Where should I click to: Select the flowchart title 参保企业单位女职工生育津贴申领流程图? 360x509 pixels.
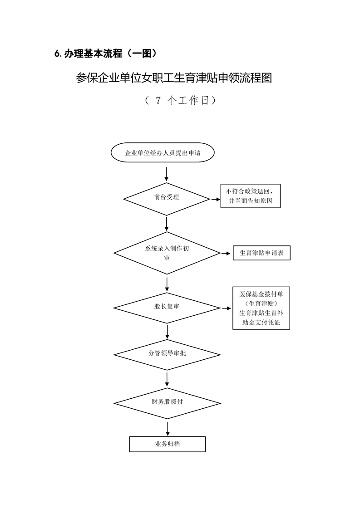coord(174,78)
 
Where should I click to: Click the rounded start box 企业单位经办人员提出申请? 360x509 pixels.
coord(163,153)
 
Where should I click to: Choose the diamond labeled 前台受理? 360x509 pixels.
coord(167,197)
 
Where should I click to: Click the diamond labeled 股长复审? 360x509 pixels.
coord(167,307)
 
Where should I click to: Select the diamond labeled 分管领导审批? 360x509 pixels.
coord(167,353)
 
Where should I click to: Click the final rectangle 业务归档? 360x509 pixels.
coord(167,444)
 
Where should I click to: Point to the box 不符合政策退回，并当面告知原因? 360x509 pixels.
coord(250,196)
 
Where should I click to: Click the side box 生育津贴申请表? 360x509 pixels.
coord(261,253)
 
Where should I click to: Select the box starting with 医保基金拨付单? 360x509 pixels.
coord(261,308)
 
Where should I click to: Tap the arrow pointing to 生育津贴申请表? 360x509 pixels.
coord(225,254)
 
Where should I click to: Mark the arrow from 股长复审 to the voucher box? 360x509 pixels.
coord(226,308)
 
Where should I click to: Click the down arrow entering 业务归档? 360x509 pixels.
coord(168,429)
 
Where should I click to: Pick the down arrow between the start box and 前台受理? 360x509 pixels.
coord(167,174)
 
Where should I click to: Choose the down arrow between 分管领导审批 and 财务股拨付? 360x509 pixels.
coord(168,379)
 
